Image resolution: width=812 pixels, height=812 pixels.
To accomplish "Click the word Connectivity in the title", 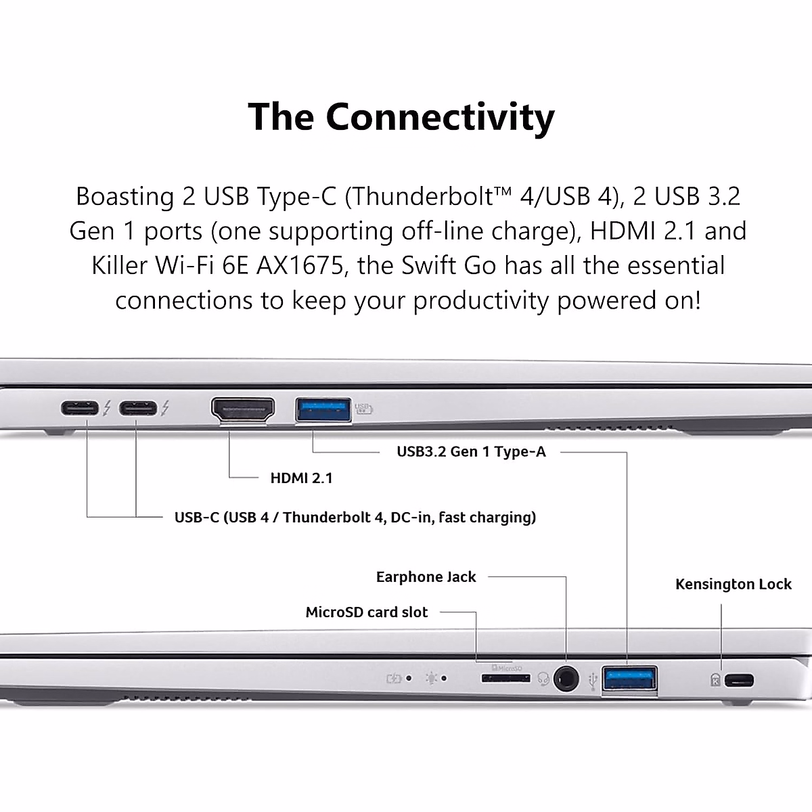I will pyautogui.click(x=440, y=117).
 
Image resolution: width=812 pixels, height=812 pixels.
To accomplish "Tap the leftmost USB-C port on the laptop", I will pyautogui.click(x=80, y=409).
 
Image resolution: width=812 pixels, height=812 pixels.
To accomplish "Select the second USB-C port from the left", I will pyautogui.click(x=138, y=409).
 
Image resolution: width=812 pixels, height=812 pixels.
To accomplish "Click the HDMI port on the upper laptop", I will pyautogui.click(x=244, y=409).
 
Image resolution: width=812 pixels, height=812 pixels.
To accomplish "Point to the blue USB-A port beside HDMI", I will pyautogui.click(x=323, y=409).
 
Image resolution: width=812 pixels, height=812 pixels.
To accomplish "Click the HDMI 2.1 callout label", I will pyautogui.click(x=301, y=478).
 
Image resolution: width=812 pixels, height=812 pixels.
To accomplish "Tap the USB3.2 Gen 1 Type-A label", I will pyautogui.click(x=471, y=452).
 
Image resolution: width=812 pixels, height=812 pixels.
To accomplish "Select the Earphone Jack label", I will pyautogui.click(x=426, y=577).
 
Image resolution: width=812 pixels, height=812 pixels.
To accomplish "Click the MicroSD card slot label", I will pyautogui.click(x=366, y=612).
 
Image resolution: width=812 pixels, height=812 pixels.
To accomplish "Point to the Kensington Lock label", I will pyautogui.click(x=733, y=585).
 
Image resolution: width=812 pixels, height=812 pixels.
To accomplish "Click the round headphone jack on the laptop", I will pyautogui.click(x=566, y=678).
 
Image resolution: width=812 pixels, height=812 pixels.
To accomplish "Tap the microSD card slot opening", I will pyautogui.click(x=505, y=677).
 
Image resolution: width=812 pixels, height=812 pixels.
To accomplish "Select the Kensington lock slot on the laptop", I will pyautogui.click(x=739, y=680).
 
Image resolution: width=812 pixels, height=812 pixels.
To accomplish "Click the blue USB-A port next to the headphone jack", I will pyautogui.click(x=629, y=679).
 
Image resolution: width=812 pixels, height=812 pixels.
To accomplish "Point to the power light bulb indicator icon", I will pyautogui.click(x=432, y=678).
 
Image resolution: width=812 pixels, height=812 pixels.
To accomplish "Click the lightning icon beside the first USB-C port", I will pyautogui.click(x=107, y=409).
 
